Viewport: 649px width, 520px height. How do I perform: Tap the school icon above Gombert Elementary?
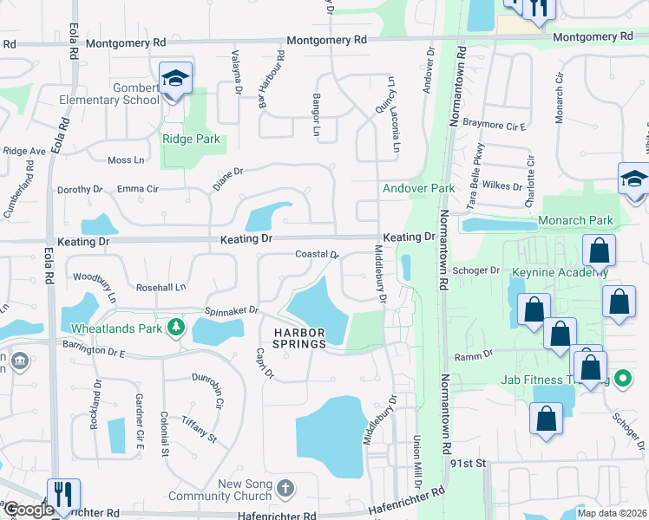[176, 80]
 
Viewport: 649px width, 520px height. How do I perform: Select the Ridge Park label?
[191, 139]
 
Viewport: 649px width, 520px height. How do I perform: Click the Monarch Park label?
[575, 220]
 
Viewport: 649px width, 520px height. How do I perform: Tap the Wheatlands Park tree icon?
[176, 326]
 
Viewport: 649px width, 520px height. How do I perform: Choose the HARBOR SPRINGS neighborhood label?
[300, 338]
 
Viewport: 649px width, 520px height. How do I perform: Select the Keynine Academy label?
[573, 273]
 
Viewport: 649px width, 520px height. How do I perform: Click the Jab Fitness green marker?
[622, 379]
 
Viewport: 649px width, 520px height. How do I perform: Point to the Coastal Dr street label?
[316, 255]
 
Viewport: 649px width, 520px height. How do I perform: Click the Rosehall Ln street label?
[161, 287]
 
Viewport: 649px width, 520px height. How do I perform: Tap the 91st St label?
[465, 464]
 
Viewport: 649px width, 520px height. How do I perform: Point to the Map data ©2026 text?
[612, 512]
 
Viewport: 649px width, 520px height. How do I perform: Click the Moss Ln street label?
[126, 160]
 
